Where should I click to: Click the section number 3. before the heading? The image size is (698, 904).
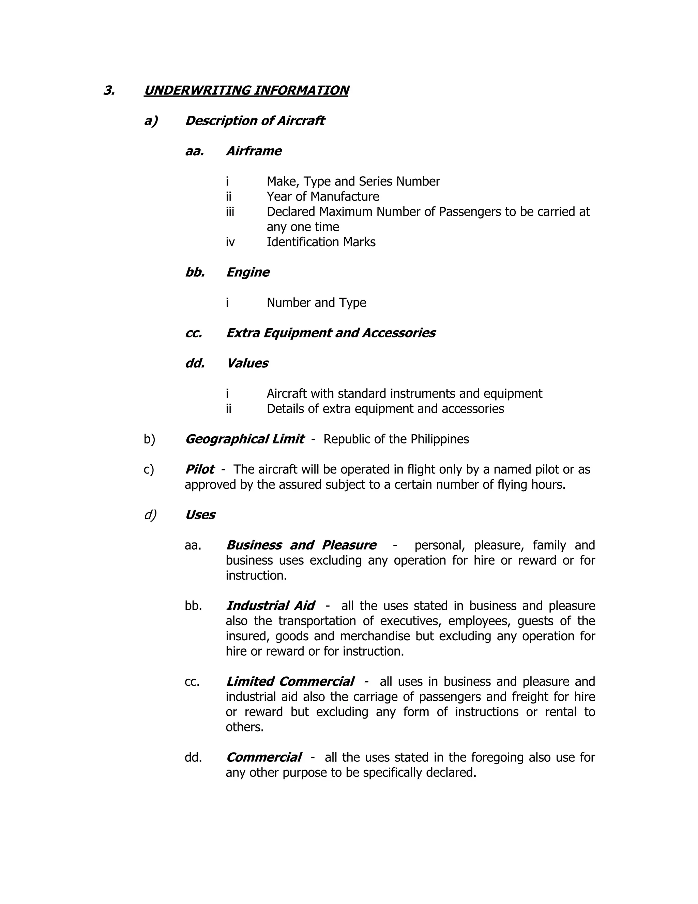click(109, 90)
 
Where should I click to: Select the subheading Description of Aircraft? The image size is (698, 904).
click(254, 120)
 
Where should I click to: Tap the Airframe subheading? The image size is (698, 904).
click(254, 151)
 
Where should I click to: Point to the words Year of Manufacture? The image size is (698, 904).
click(322, 196)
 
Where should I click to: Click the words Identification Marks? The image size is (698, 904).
click(321, 242)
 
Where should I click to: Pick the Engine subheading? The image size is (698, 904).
click(247, 272)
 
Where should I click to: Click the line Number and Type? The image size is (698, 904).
click(316, 303)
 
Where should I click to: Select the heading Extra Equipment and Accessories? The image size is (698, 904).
click(330, 333)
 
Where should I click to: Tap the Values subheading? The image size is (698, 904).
click(247, 363)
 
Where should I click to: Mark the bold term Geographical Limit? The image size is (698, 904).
click(244, 439)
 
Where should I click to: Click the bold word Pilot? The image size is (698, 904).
click(199, 469)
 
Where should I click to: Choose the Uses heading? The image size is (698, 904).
click(200, 514)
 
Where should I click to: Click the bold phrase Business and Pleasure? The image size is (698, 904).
click(301, 545)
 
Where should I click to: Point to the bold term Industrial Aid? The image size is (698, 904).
click(270, 606)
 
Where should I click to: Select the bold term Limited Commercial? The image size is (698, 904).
click(289, 681)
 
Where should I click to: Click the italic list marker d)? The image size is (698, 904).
click(150, 514)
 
